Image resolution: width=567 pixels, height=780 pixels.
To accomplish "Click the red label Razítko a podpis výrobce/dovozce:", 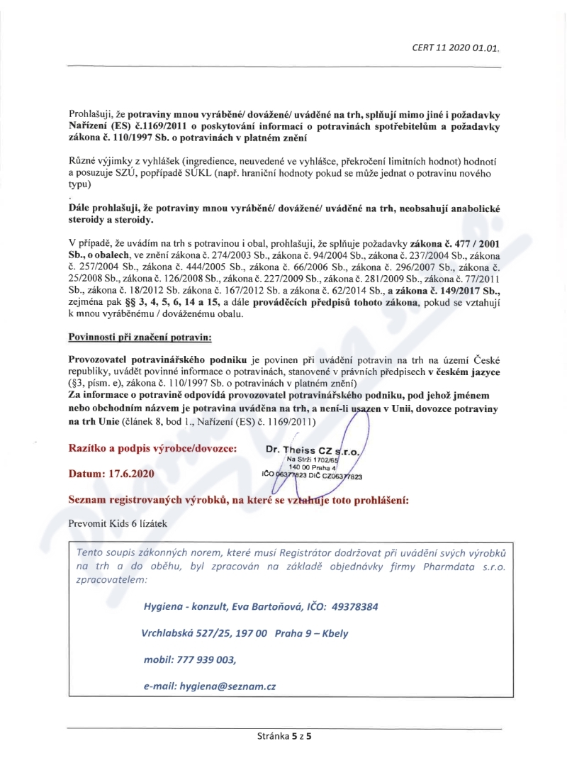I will (x=152, y=449).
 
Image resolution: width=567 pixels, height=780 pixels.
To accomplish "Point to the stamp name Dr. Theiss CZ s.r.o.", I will (x=313, y=450).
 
